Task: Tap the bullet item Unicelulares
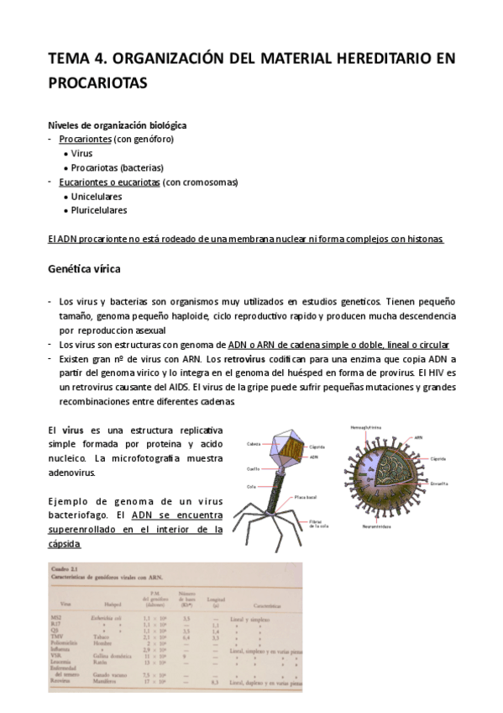97,196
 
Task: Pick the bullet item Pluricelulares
99,210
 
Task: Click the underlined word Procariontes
85,139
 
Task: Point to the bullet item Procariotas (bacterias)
118,167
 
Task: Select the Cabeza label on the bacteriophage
254,443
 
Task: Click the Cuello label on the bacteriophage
254,469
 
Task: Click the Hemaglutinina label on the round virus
366,427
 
